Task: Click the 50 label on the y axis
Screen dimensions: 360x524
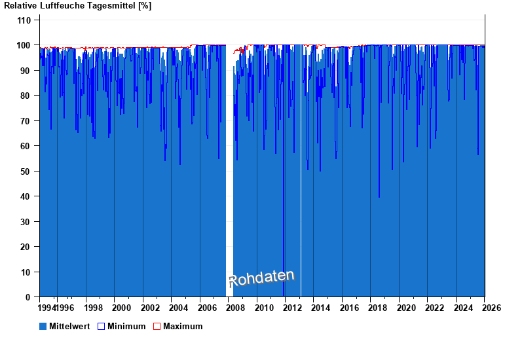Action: point(25,171)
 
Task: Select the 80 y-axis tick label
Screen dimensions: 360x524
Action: point(25,96)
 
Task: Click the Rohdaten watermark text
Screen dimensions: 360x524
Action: point(261,278)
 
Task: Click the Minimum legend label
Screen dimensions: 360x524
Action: point(126,326)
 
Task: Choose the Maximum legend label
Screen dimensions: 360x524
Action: point(183,326)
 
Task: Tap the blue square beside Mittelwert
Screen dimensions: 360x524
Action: point(43,326)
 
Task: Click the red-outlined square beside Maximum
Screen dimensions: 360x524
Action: point(157,326)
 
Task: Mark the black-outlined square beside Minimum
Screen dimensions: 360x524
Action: point(101,326)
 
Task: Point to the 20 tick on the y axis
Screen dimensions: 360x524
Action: point(25,247)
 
